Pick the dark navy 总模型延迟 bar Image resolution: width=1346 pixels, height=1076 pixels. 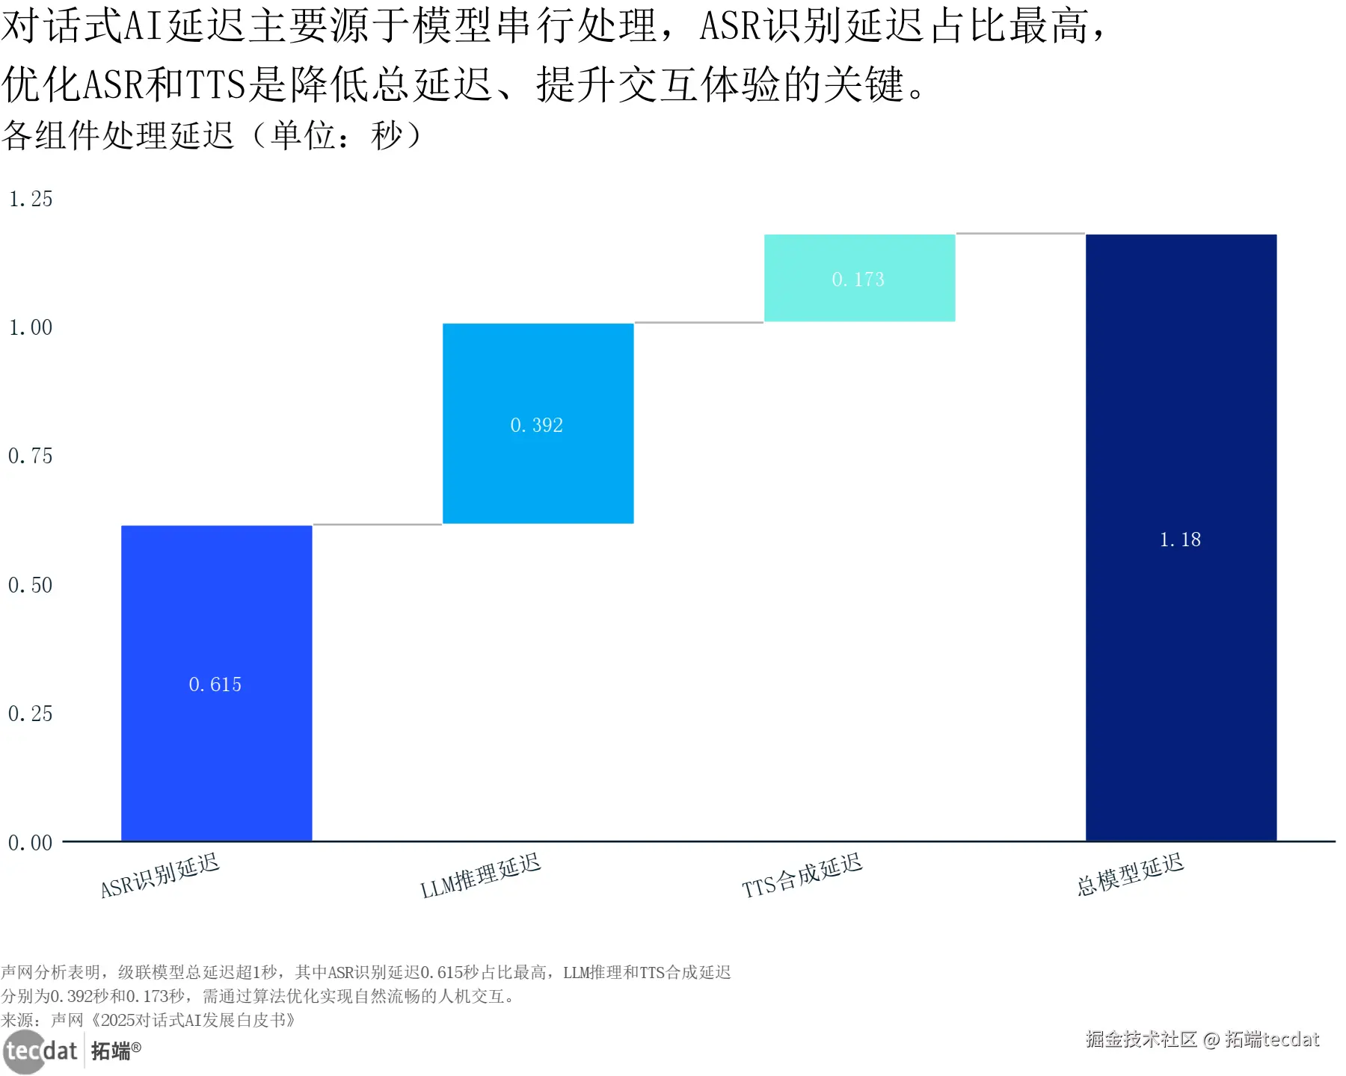pyautogui.click(x=1181, y=672)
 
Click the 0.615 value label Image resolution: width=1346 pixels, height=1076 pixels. pyautogui.click(x=215, y=684)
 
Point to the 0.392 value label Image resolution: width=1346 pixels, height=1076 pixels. pyautogui.click(x=537, y=425)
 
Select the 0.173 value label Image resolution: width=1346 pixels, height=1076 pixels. pyautogui.click(x=858, y=279)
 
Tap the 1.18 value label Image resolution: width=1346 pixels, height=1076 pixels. pyautogui.click(x=1180, y=539)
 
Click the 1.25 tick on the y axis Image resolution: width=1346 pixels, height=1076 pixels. pyautogui.click(x=31, y=199)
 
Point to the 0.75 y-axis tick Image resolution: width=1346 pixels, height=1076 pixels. pyautogui.click(x=31, y=456)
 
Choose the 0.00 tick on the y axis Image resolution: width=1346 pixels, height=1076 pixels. pyautogui.click(x=31, y=843)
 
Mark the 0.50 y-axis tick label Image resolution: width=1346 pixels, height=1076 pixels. pyautogui.click(x=31, y=585)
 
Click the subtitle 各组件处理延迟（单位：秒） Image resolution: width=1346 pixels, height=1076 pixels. pyautogui.click(x=212, y=135)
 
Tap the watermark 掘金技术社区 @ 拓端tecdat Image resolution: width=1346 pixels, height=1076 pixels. pyautogui.click(x=1202, y=1039)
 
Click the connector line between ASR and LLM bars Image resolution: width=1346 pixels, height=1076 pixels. pyautogui.click(x=378, y=525)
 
